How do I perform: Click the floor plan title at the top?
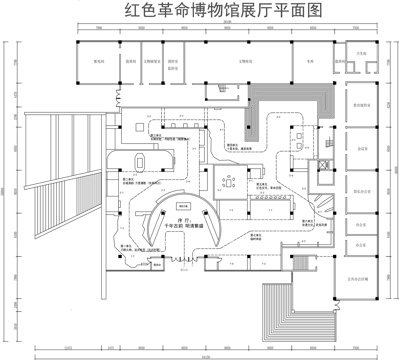[x=200, y=13]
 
